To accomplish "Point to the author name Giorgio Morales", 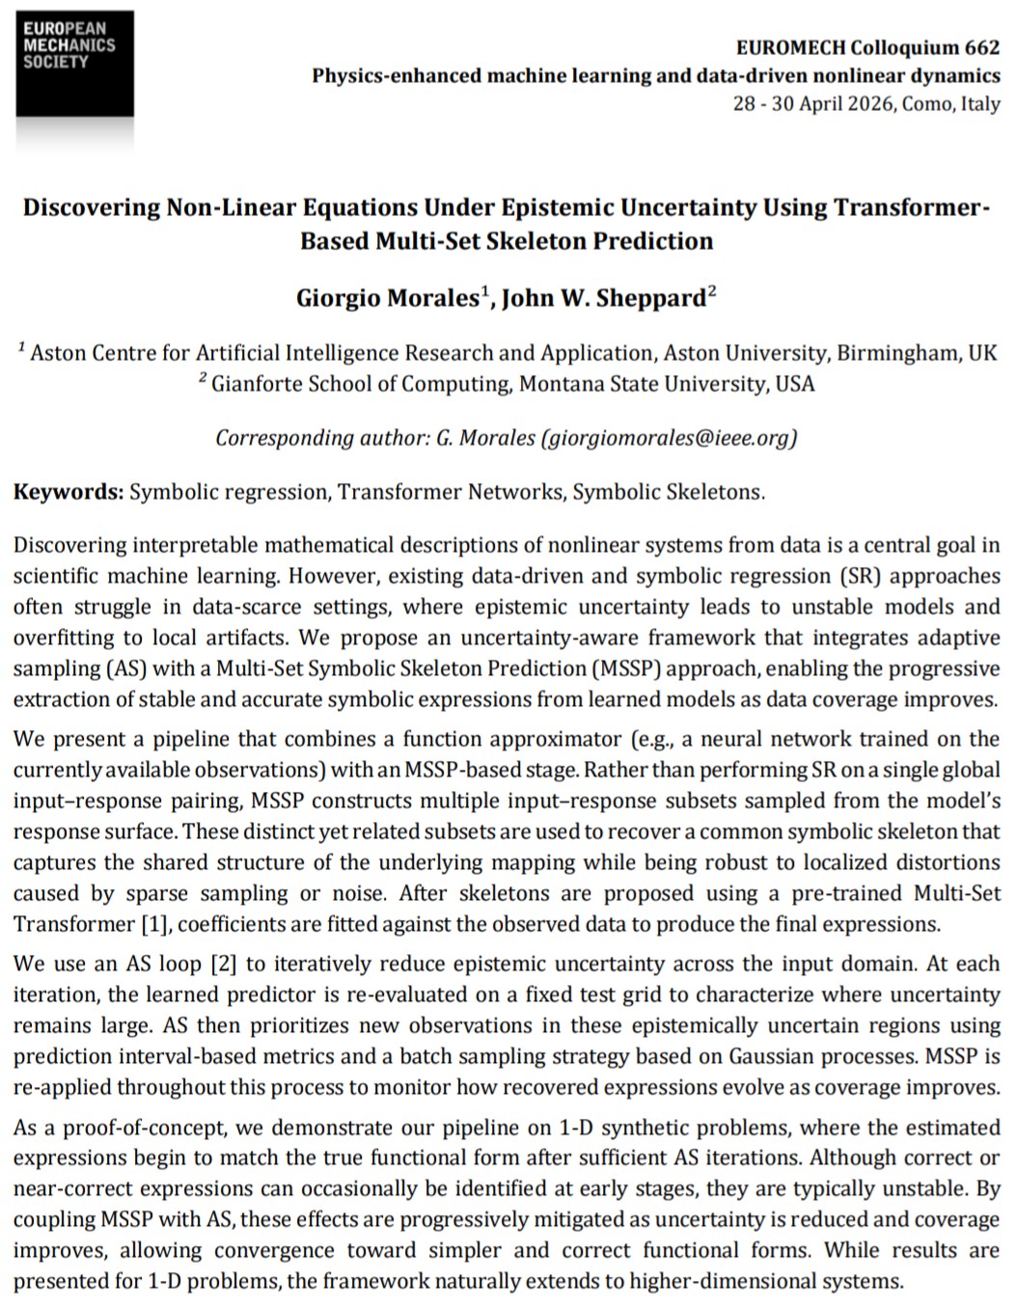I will (387, 298).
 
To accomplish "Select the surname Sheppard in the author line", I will (652, 298).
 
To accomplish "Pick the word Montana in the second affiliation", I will (558, 384).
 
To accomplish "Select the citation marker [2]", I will (214, 963).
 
